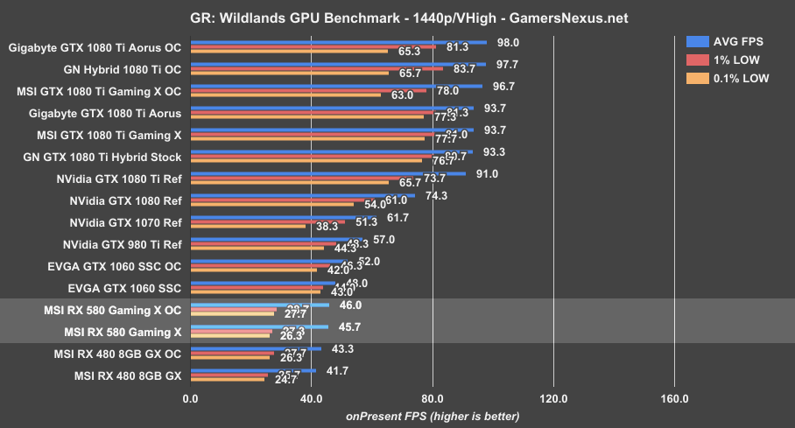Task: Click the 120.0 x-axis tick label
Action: point(553,399)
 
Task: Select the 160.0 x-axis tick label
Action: point(674,399)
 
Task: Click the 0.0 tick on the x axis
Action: point(190,399)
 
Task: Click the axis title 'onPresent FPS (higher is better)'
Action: point(433,416)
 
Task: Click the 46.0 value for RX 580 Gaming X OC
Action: point(351,305)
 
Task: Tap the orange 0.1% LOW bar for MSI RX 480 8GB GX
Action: point(227,380)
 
